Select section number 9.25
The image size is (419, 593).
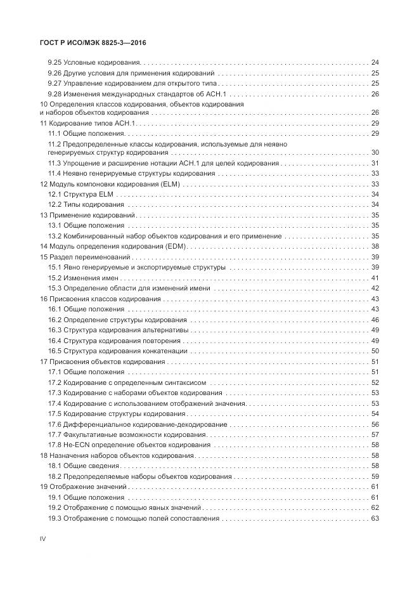coord(55,63)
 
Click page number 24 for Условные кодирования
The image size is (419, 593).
coord(375,63)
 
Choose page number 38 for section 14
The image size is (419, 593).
coord(375,246)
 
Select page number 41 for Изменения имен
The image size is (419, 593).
coord(375,278)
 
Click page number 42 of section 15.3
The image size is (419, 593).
coord(375,288)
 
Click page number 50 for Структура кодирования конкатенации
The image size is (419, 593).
coord(375,351)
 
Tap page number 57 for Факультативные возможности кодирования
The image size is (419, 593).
coord(375,434)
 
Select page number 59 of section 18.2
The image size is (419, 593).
coord(375,476)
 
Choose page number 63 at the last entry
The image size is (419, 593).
coord(375,518)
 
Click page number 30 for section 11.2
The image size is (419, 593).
coord(375,152)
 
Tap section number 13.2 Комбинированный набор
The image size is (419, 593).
coord(55,236)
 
